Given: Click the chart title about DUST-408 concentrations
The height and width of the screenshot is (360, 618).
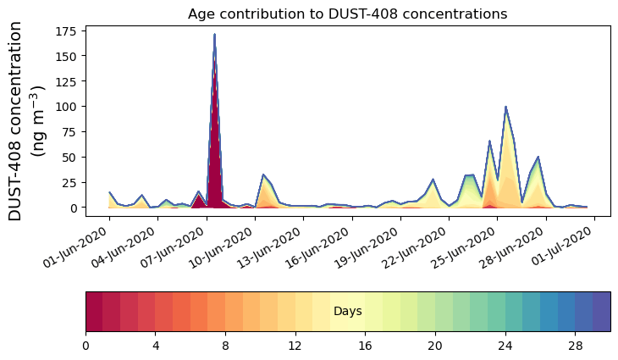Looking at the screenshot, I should (x=347, y=14).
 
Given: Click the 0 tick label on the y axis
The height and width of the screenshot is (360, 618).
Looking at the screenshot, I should (x=74, y=208).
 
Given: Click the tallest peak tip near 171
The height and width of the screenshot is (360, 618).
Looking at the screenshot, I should (x=214, y=35).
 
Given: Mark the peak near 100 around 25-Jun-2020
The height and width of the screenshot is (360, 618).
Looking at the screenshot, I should (x=505, y=107).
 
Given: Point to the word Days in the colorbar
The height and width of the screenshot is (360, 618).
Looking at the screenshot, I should (x=347, y=312).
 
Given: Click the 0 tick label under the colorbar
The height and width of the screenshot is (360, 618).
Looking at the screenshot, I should (x=86, y=346).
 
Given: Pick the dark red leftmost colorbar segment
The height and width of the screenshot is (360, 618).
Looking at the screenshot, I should (x=94, y=311).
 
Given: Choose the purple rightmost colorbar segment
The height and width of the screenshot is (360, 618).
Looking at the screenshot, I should (x=601, y=311).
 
